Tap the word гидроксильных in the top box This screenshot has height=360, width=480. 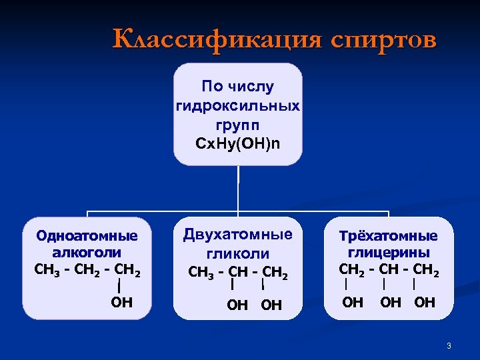pos(238,106)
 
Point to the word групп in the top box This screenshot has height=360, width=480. pos(238,125)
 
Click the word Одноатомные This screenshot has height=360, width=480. pos(87,235)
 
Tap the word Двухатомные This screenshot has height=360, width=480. pos(238,235)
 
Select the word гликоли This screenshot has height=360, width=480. pos(238,253)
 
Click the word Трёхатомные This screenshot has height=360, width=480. pos(388,236)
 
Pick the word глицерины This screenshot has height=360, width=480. pos(388,253)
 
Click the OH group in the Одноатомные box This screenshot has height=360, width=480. pos(121,303)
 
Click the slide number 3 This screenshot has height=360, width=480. pos(449,345)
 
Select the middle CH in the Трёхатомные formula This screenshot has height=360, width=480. pos(388,269)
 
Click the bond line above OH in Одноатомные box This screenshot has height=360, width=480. pos(119,286)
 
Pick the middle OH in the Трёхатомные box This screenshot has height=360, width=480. pos(391,303)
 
